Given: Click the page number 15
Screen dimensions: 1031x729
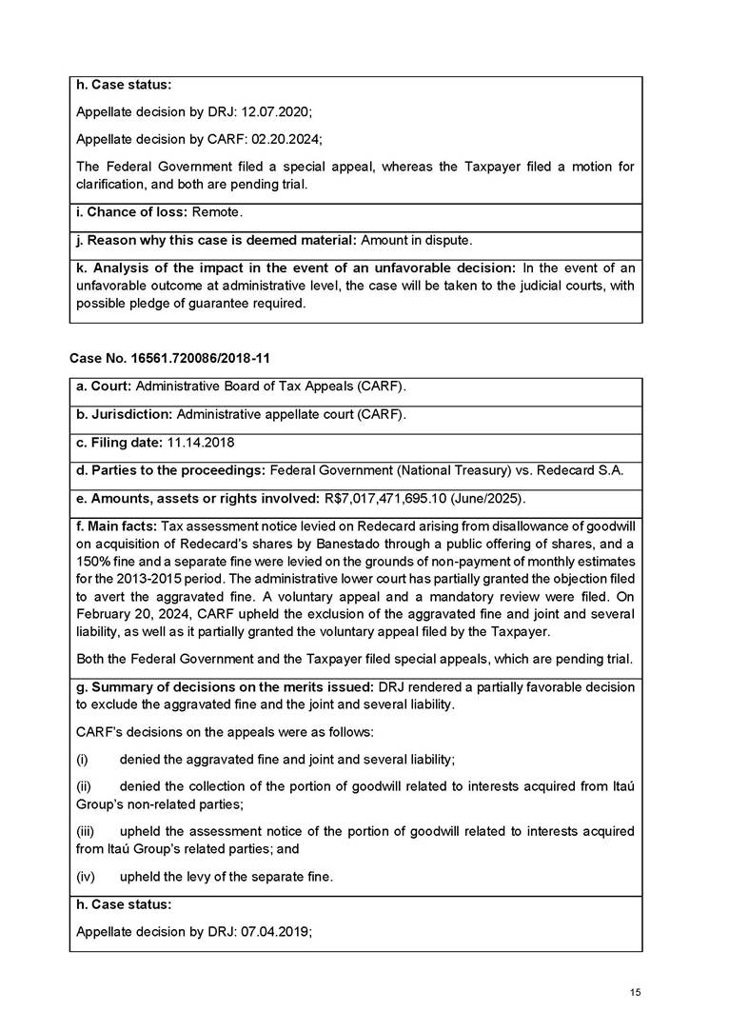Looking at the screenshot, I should coord(636,992).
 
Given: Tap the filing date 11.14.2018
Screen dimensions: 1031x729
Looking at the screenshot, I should coord(201,444).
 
